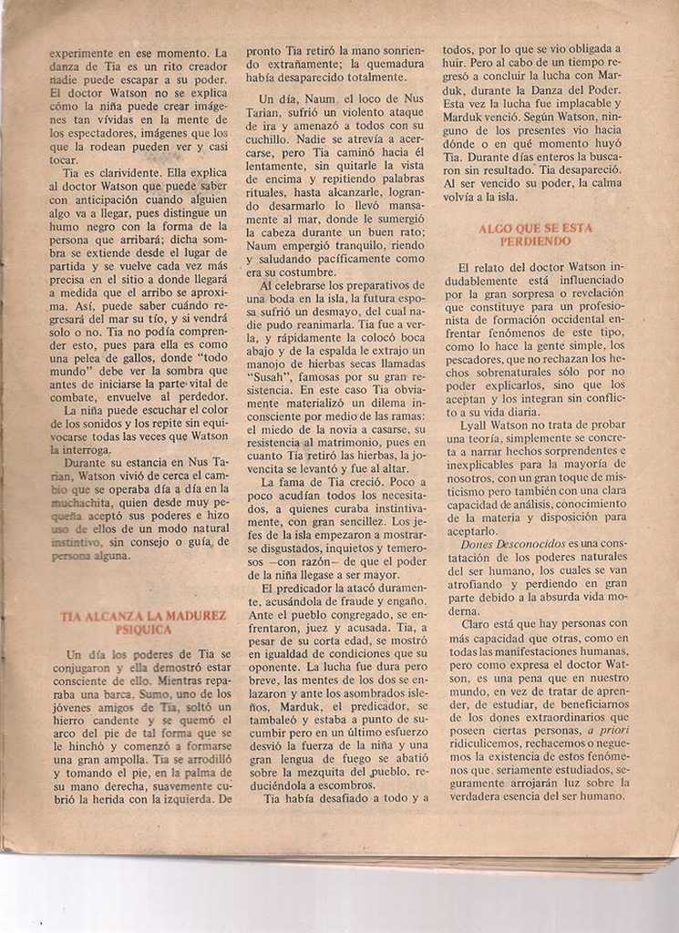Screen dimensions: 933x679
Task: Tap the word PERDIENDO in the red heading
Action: [535, 241]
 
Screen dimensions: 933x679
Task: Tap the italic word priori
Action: [608, 729]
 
